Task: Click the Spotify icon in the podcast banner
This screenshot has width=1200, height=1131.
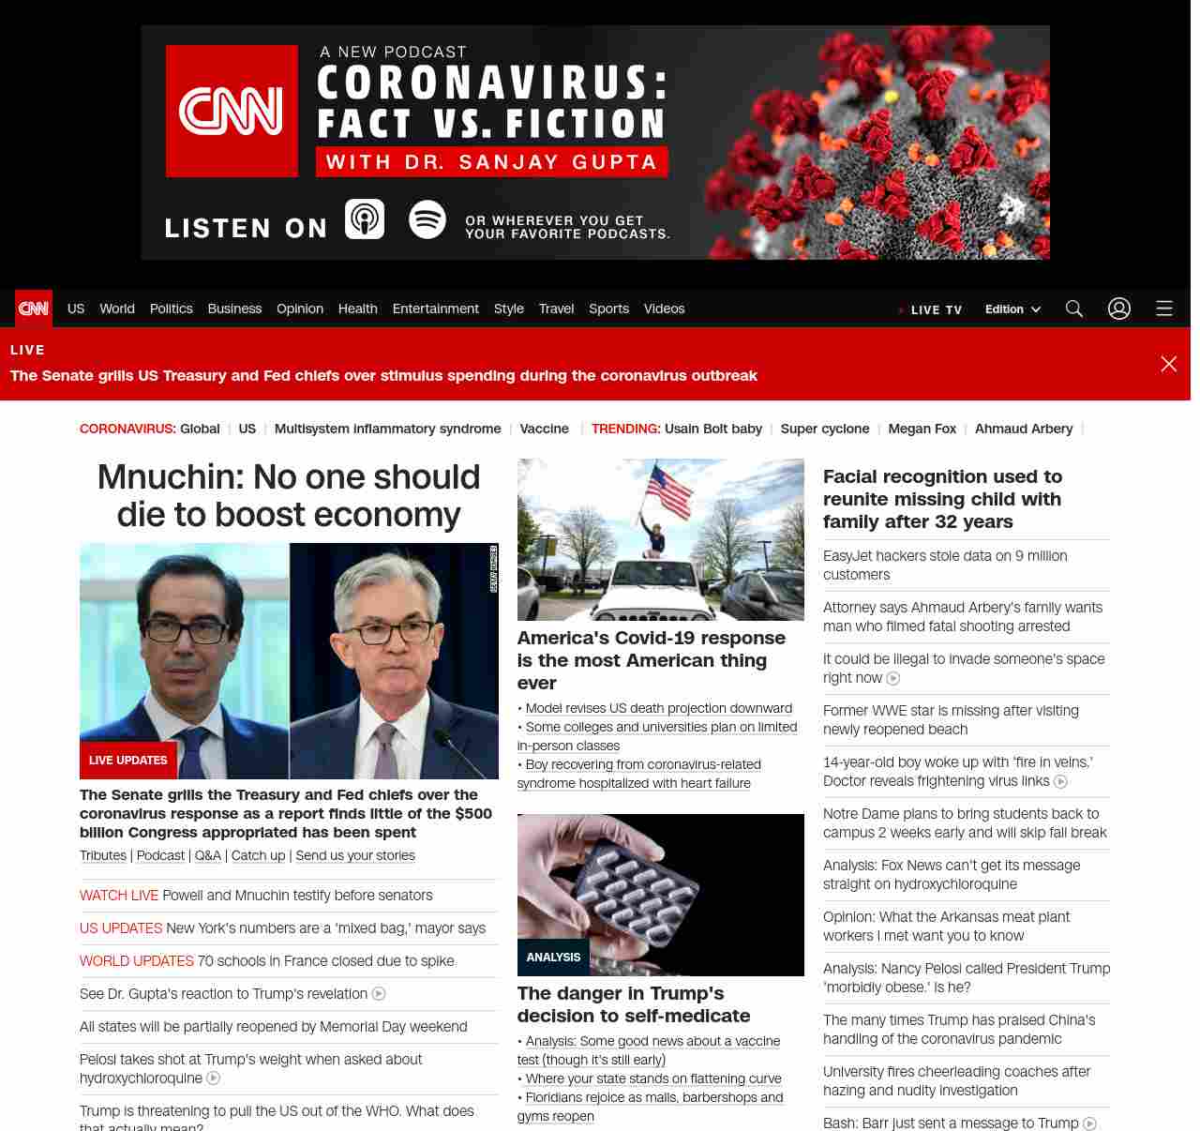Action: pos(427,219)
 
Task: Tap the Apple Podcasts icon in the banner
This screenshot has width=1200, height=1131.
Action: pos(365,219)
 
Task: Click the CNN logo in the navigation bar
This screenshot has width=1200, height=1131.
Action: pos(34,309)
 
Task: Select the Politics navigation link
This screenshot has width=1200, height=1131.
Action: pos(171,309)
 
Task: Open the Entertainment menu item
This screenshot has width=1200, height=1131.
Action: pos(435,309)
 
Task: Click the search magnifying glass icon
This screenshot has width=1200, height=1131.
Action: pos(1074,309)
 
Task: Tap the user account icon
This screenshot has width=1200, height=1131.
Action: pos(1119,309)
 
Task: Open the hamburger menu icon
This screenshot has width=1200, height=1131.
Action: pos(1164,309)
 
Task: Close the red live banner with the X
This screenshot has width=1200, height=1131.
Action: pos(1168,364)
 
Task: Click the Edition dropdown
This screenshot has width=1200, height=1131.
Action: pos(1012,309)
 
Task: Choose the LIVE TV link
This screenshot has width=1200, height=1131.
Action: pos(936,309)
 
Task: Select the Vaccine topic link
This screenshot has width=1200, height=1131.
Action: pos(544,429)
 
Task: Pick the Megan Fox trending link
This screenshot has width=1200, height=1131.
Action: pos(922,429)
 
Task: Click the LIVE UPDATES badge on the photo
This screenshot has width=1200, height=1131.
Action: pos(128,761)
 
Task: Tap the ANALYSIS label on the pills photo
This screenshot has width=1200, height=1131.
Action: pos(553,958)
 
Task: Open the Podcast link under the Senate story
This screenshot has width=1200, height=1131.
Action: pos(160,855)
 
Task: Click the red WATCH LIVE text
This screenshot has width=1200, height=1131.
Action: pos(119,896)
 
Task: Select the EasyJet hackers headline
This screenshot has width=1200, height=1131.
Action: pos(945,565)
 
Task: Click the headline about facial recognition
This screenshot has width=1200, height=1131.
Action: pos(942,499)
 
